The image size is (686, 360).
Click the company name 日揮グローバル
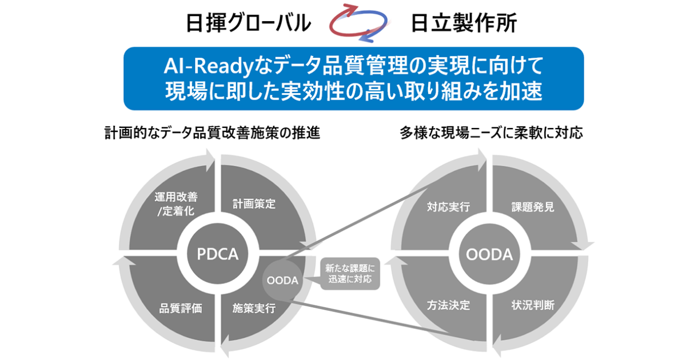pyautogui.click(x=249, y=23)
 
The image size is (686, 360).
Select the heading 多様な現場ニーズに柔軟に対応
pyautogui.click(x=491, y=134)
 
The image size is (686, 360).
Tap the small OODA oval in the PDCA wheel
pyautogui.click(x=282, y=280)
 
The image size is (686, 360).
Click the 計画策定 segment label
pyautogui.click(x=254, y=204)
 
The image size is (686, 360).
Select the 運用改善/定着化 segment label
pyautogui.click(x=176, y=203)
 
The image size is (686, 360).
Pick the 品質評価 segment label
pyautogui.click(x=181, y=308)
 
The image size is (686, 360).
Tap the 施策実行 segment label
pyautogui.click(x=254, y=308)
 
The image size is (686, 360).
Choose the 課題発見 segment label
pyautogui.click(x=532, y=207)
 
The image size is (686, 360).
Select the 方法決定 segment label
pyautogui.click(x=448, y=305)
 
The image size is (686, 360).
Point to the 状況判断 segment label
pyautogui.click(x=532, y=305)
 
